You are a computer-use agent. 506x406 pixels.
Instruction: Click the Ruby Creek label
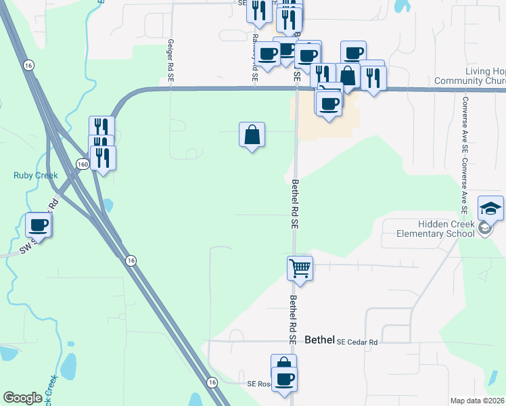coord(35,175)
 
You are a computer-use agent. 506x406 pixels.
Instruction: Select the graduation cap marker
coord(490,208)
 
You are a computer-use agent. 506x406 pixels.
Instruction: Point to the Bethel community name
coord(320,340)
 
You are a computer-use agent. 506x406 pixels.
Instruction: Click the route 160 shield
coord(82,164)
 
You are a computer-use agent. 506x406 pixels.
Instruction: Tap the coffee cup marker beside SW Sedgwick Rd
coord(39,225)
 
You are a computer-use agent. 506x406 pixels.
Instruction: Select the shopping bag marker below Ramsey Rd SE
coord(252,135)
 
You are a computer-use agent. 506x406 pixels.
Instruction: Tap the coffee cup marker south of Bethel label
coord(284,379)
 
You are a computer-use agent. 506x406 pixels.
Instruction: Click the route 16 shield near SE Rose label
coord(212,382)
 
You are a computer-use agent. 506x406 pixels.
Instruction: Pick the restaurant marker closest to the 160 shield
coord(103,158)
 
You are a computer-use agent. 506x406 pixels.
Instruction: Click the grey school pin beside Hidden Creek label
coord(484,229)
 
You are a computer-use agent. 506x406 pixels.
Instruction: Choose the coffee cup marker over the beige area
coord(329,104)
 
